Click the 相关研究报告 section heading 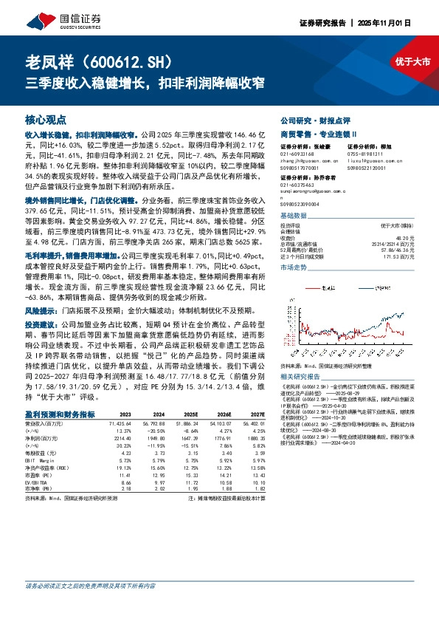(301, 376)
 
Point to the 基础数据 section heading (294, 216)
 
